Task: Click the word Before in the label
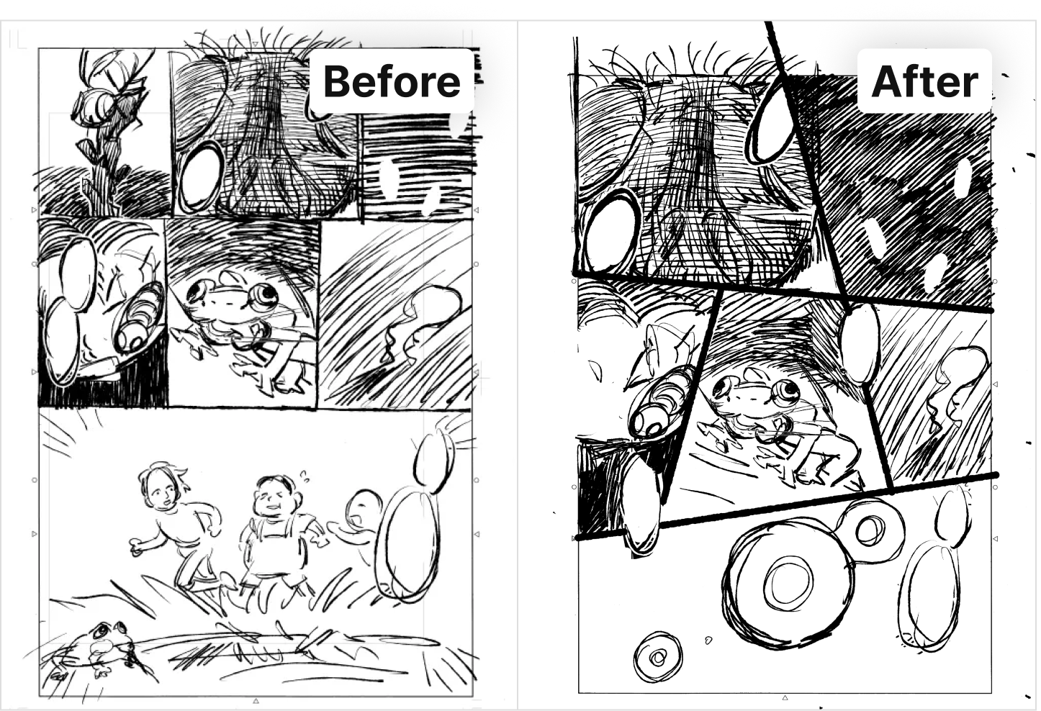[x=392, y=82]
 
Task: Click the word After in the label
[x=925, y=82]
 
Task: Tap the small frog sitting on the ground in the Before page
[x=98, y=648]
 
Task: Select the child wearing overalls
[x=279, y=534]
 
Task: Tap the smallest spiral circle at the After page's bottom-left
[x=658, y=656]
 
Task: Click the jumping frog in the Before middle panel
[x=242, y=330]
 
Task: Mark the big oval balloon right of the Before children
[x=409, y=543]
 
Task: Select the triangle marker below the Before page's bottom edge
[x=255, y=700]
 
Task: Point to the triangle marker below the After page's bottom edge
[x=785, y=697]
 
